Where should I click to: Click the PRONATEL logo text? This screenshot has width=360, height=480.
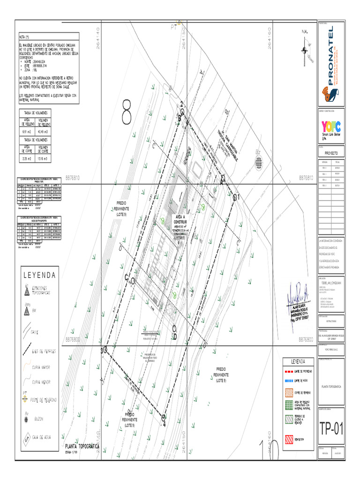tap(331, 56)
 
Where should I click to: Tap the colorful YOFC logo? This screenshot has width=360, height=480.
tap(330, 127)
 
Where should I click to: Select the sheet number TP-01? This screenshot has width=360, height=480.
tap(331, 428)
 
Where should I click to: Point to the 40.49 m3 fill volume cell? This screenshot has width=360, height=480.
tap(43, 132)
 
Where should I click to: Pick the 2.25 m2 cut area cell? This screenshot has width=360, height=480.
tap(26, 159)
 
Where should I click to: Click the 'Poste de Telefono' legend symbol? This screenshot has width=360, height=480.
tap(25, 399)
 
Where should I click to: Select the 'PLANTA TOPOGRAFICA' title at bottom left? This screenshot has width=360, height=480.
tap(82, 447)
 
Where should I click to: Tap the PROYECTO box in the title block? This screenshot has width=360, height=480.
tap(331, 153)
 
